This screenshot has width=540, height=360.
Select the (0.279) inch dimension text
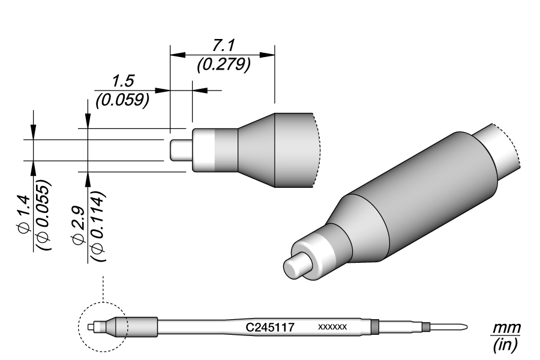223,65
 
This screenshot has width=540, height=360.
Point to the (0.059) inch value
122,100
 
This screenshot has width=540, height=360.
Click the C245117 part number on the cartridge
269,328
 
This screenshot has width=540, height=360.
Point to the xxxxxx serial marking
332,328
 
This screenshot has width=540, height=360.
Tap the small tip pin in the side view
179,150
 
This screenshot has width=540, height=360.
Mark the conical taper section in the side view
256,150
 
